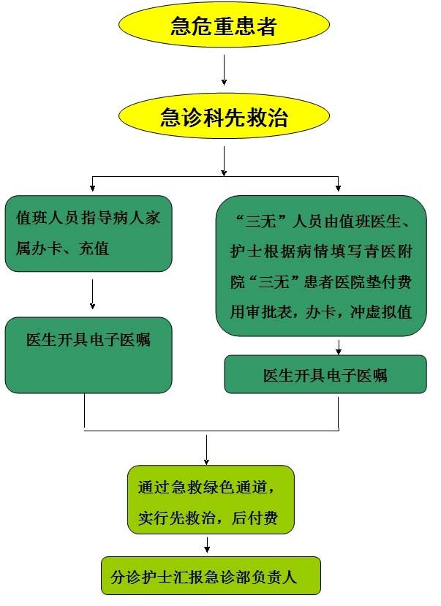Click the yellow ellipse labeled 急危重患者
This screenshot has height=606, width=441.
[x=224, y=25]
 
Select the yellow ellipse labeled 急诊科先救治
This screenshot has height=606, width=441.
[x=224, y=116]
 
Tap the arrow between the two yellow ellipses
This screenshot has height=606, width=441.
[x=224, y=70]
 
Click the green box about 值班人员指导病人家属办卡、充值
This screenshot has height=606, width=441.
[x=88, y=233]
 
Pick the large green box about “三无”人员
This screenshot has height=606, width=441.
[x=321, y=265]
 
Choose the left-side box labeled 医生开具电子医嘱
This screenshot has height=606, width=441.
[x=88, y=355]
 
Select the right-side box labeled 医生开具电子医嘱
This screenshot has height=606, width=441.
[x=325, y=374]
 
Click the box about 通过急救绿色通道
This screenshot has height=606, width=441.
[x=211, y=499]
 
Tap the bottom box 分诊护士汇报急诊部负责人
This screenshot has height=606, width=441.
[x=211, y=575]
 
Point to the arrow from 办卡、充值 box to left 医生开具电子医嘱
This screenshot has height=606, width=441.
[x=92, y=294]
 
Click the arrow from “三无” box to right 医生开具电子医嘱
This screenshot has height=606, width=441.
[x=339, y=347]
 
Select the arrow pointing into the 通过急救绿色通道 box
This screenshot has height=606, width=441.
[x=206, y=450]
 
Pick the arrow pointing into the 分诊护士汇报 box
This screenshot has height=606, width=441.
[x=207, y=545]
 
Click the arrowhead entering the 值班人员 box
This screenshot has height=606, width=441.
[x=92, y=188]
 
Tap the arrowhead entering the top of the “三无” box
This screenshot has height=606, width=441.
[x=338, y=188]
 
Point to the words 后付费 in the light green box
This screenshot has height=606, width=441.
[x=255, y=518]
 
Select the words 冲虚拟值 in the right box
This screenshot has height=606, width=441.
[x=381, y=311]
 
